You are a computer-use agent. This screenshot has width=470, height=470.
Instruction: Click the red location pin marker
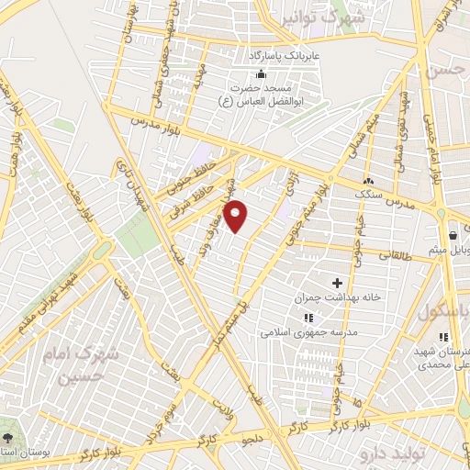[237, 216]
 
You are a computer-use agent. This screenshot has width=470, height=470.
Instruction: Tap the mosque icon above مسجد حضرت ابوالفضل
[263, 75]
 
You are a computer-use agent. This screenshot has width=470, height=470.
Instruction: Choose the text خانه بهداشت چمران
[336, 299]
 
